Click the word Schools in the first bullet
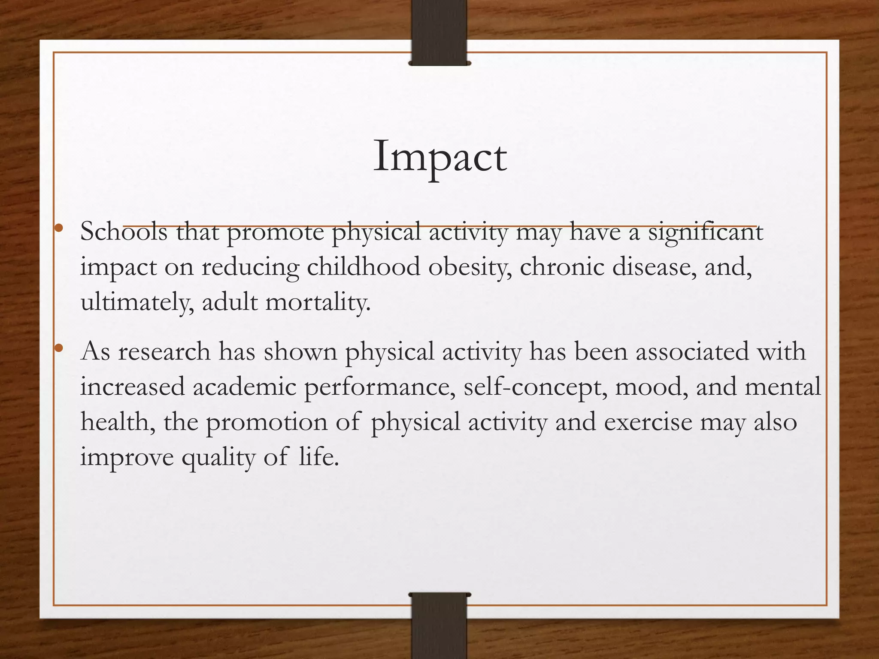(x=124, y=232)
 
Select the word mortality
(x=317, y=302)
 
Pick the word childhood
(x=363, y=267)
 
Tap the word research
(x=164, y=352)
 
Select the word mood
(x=649, y=387)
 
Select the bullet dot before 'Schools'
(x=59, y=228)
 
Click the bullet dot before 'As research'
(x=59, y=347)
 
